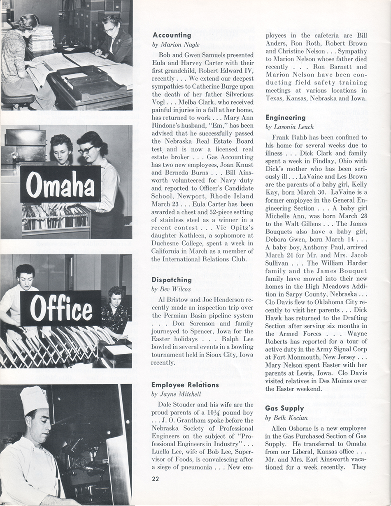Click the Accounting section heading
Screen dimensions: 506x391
pos(172,35)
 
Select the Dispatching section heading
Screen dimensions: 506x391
pos(172,280)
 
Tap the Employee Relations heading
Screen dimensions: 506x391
pos(185,385)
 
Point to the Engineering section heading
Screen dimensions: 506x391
pos(285,118)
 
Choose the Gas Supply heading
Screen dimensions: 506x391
pos(285,408)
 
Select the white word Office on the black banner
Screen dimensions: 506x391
pos(61,308)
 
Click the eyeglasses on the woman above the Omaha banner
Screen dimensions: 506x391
pos(86,150)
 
